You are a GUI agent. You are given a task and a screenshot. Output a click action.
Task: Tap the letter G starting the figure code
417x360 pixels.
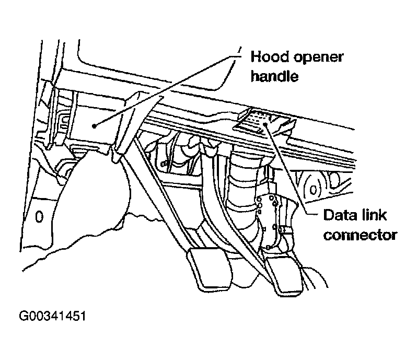tap(24, 316)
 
